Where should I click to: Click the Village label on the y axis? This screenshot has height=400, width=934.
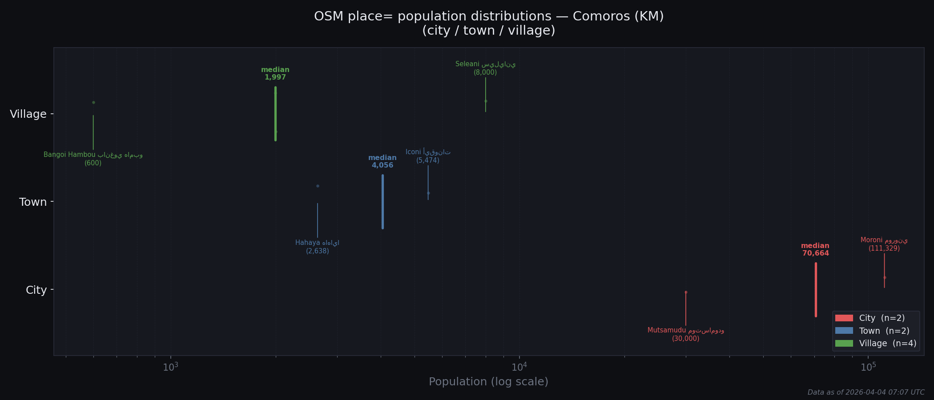click(x=28, y=114)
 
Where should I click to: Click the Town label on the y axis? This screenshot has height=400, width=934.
click(x=33, y=202)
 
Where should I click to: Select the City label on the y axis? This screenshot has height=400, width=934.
click(x=36, y=290)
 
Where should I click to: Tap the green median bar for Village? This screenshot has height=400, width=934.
click(x=275, y=114)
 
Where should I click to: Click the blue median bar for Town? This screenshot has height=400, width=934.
click(x=382, y=202)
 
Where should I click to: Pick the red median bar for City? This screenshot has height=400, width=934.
click(x=816, y=290)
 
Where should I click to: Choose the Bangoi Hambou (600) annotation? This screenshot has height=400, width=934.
click(x=93, y=159)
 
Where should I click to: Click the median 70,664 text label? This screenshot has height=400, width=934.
click(x=815, y=250)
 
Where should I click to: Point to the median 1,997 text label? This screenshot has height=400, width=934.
click(x=275, y=74)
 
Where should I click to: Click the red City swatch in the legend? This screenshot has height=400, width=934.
click(x=844, y=318)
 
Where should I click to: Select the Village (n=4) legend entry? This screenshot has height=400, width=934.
click(x=887, y=344)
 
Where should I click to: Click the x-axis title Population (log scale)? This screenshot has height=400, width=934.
click(x=488, y=382)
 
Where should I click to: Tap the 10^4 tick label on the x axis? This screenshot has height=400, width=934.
click(x=519, y=367)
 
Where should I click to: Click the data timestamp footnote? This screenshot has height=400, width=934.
click(x=866, y=392)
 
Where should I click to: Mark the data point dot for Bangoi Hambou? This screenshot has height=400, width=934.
click(x=93, y=103)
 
